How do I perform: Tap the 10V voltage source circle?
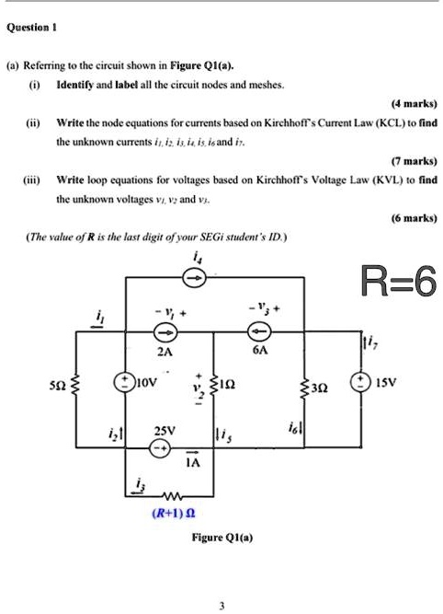(121, 381)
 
